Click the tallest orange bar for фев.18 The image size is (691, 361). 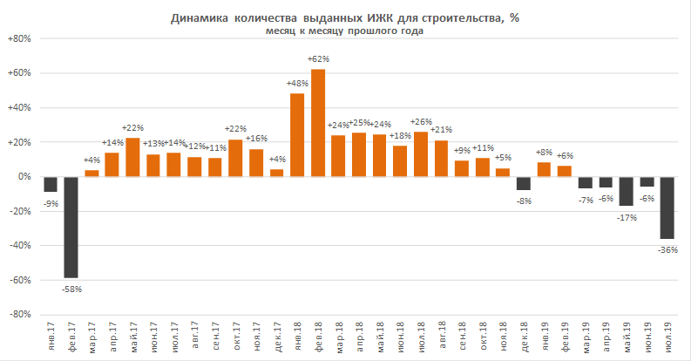pos(318,123)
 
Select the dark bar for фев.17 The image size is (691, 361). pos(71,227)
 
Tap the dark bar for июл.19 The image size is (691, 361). pos(667,208)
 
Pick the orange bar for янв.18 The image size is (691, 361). pos(297,135)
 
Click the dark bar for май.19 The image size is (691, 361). pos(626,191)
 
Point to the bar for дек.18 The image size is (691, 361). pos(523,183)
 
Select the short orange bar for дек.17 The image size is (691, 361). pos(277,173)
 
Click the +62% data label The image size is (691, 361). pos(318,59)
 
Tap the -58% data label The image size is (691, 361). pos(71,289)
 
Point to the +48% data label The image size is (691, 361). pos(297,84)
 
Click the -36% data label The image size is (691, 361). pos(667,250)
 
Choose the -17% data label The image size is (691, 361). pos(627,217)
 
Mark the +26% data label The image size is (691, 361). pos(421,122)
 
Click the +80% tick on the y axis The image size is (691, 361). pos(19,38)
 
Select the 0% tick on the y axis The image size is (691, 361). pos(24,177)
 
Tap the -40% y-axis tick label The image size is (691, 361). pos(20,246)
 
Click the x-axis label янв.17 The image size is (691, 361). pos(51,337)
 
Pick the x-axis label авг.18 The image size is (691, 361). pos(442,336)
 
